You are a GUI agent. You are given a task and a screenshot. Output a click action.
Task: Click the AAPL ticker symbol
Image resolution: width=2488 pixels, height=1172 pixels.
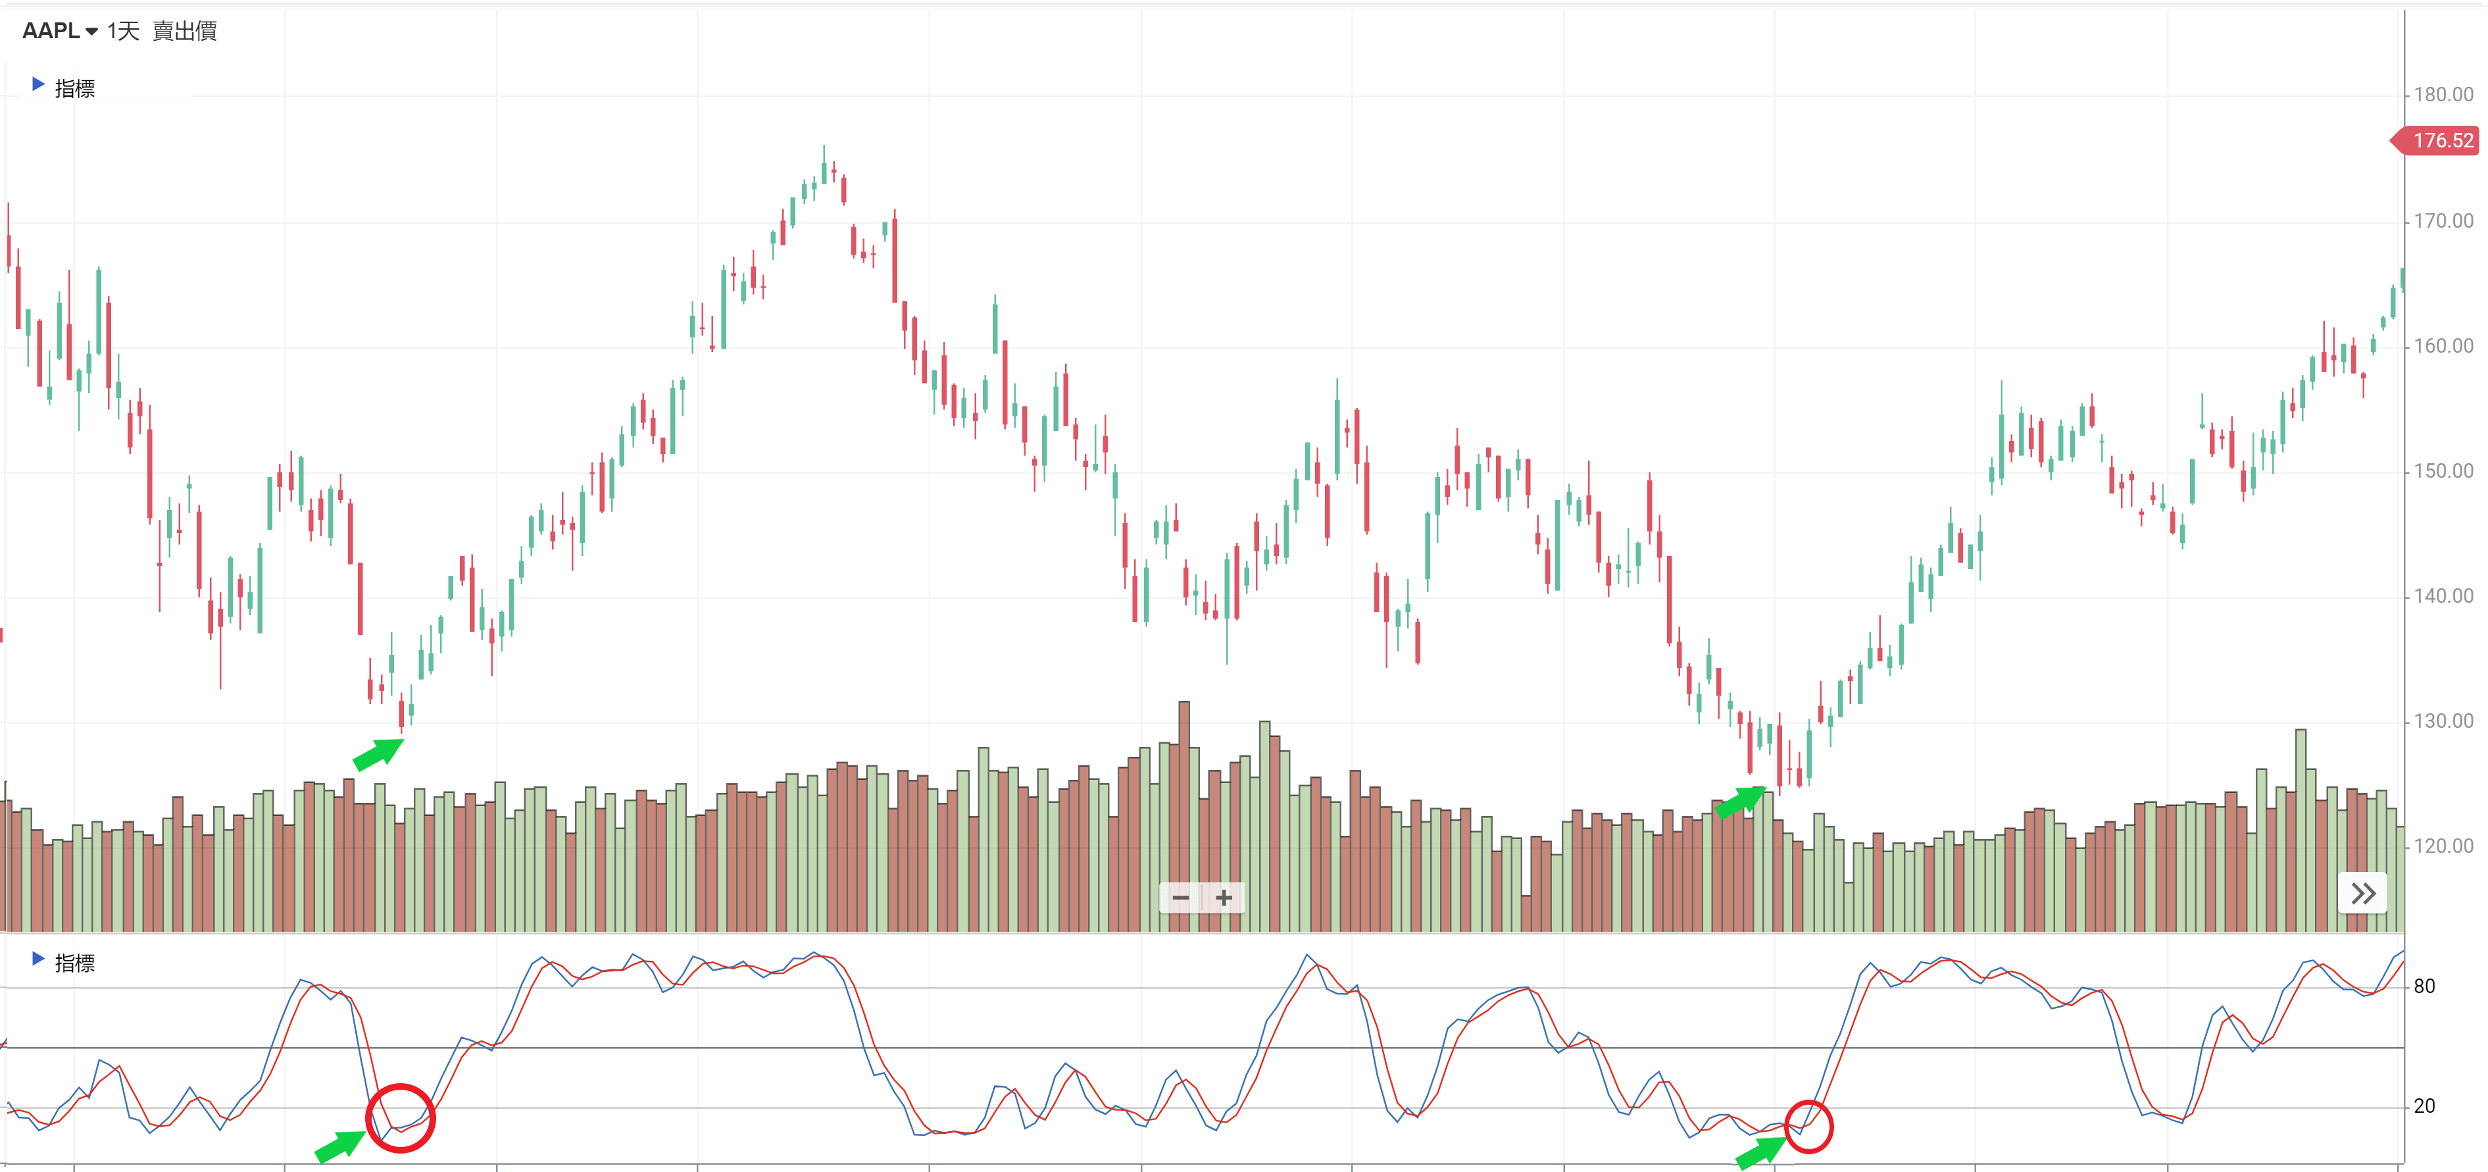50,31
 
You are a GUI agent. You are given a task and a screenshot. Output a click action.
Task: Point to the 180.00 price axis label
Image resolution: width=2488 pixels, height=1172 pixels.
2443,95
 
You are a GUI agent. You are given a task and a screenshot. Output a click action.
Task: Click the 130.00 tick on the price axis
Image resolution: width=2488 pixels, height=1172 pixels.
2443,721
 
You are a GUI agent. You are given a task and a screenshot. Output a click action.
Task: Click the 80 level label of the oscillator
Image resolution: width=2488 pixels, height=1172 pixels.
2424,986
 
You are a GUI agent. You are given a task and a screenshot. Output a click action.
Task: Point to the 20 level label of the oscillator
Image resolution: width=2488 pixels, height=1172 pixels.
2424,1106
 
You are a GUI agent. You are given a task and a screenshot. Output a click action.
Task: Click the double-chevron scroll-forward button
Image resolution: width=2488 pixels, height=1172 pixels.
2362,894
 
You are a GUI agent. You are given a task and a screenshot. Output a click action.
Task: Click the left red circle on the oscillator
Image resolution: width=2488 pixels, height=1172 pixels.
400,1118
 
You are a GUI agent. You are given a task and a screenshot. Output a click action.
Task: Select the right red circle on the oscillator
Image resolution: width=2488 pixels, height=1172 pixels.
1808,1127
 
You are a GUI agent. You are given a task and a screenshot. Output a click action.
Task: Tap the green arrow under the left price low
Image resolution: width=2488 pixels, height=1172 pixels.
379,753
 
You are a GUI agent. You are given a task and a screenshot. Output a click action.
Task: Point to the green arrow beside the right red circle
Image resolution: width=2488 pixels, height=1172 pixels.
1760,1152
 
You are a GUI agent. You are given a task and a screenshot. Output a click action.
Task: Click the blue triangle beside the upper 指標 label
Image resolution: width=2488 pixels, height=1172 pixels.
37,85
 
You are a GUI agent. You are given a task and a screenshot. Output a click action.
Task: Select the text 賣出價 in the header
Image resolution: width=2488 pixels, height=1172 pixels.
184,31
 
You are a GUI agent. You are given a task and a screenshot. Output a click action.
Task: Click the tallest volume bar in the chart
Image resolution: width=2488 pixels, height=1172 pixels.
1184,817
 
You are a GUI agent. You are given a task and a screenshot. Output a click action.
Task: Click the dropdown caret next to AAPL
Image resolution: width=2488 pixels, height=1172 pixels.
91,32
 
